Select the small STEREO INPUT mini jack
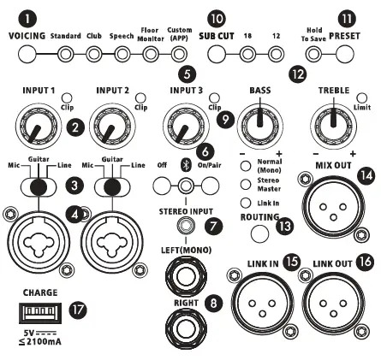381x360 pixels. [x=183, y=226]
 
